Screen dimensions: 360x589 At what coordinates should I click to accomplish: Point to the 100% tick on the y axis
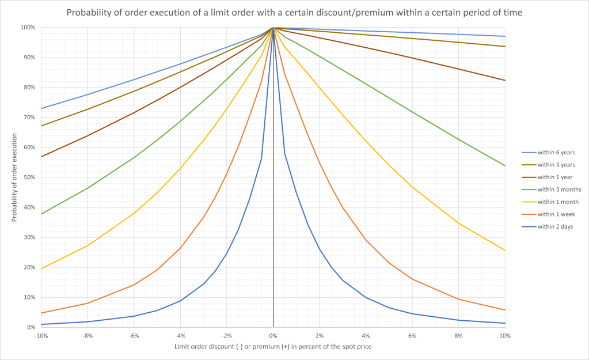click(x=28, y=28)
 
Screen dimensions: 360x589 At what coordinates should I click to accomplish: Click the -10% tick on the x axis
click(x=41, y=335)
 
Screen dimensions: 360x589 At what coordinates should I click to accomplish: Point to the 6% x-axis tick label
click(x=412, y=335)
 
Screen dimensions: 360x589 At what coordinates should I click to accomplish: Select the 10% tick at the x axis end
click(x=505, y=335)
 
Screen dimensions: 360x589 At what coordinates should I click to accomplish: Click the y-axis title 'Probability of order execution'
click(x=14, y=177)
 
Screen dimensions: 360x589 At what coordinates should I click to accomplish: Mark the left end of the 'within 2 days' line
click(x=41, y=324)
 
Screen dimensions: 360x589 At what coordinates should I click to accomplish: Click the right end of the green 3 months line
click(x=505, y=166)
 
